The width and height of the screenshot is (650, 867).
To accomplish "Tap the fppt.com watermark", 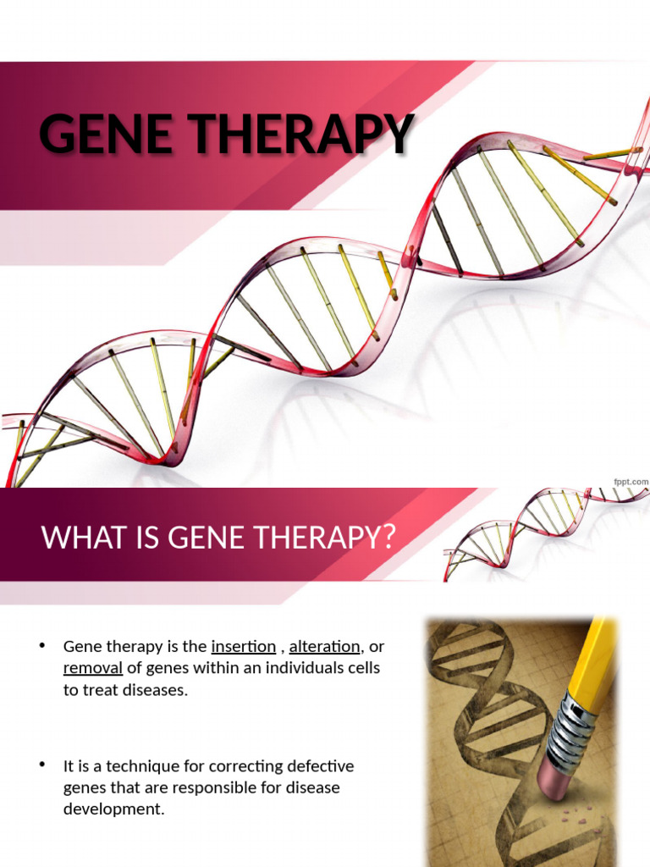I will click(x=631, y=482).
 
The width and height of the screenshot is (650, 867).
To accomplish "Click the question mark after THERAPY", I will click(x=388, y=538).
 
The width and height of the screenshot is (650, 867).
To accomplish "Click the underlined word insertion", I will click(x=243, y=647).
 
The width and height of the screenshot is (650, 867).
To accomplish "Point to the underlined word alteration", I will click(x=324, y=647).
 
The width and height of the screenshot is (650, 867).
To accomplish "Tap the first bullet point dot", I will click(x=41, y=646).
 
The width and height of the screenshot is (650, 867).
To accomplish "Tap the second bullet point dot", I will click(x=41, y=765).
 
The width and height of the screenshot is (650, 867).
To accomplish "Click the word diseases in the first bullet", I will click(x=153, y=691).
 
